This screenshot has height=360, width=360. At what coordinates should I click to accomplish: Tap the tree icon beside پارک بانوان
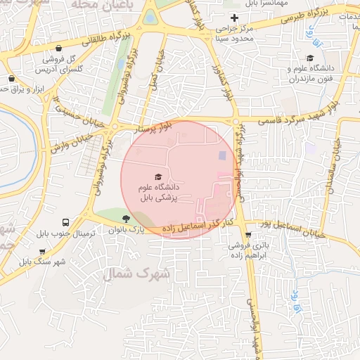pyautogui.click(x=126, y=219)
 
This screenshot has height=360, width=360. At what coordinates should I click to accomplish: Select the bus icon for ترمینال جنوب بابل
pyautogui.click(x=65, y=221)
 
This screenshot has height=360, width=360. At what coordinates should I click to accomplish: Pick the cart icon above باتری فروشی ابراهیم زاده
pyautogui.click(x=247, y=235)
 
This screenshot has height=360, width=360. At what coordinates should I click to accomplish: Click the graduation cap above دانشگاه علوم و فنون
pyautogui.click(x=310, y=58)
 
